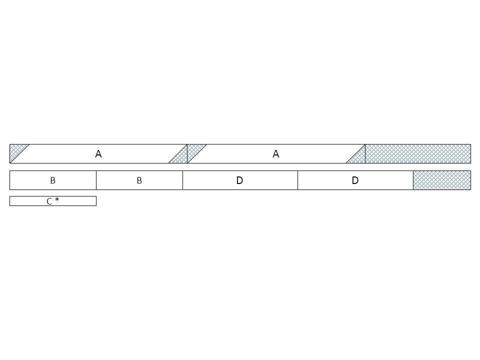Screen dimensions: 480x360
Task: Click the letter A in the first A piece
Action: pos(98,154)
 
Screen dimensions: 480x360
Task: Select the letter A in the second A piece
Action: pos(276,154)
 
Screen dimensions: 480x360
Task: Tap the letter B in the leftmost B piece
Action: pos(52,180)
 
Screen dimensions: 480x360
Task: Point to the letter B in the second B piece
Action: pos(139,180)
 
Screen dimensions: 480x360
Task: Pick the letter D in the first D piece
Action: pos(239,180)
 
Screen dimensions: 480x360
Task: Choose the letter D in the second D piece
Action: pos(355,180)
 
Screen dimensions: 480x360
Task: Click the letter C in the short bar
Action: pos(49,201)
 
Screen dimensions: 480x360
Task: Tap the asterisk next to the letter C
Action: pos(57,199)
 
